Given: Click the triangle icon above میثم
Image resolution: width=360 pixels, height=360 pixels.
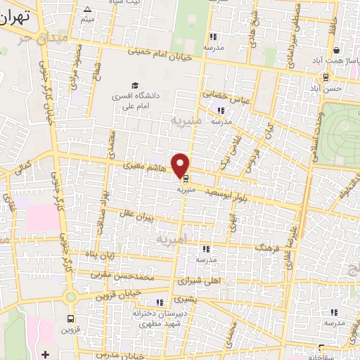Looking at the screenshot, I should tap(87, 10).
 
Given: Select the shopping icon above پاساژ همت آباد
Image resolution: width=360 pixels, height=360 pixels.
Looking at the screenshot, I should tap(337, 51).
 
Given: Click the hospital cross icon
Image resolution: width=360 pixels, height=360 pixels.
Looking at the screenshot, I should tap(46, 354).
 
